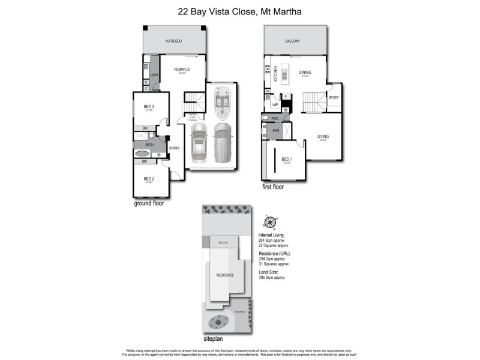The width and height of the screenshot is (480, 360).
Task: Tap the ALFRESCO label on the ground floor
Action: (x=173, y=40)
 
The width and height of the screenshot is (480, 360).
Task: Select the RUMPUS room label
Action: (x=182, y=69)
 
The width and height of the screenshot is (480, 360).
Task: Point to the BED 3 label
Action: (x=149, y=107)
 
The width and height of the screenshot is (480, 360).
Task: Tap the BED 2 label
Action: (x=149, y=179)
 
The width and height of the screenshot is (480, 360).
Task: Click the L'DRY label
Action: (x=154, y=74)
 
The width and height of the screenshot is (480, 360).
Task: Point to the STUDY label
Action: (x=334, y=98)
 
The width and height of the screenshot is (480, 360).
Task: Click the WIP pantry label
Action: (x=275, y=104)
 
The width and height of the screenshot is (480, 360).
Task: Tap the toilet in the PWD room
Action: (x=265, y=119)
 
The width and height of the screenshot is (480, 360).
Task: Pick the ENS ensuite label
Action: (x=276, y=130)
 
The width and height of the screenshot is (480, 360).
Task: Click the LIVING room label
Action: (x=323, y=137)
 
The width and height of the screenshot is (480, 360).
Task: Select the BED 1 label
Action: (x=287, y=158)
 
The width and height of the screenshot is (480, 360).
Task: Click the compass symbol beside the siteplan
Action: (x=270, y=222)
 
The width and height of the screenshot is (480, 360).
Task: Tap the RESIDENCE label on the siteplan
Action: (x=225, y=275)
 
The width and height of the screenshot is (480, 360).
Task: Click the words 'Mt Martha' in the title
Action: (x=282, y=11)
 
